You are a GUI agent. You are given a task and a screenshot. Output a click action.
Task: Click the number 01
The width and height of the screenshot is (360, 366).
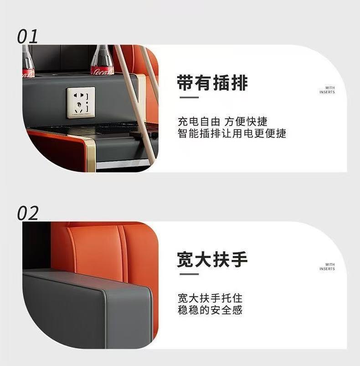(x=27, y=37)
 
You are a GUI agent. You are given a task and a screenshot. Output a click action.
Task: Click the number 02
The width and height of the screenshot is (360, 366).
(x=27, y=213)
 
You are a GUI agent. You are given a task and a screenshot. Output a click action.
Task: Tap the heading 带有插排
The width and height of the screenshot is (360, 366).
(x=212, y=83)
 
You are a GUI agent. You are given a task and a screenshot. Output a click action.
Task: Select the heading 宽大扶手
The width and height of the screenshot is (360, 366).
(x=212, y=259)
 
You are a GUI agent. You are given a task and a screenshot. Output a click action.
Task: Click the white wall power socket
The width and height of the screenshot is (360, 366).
(x=81, y=102)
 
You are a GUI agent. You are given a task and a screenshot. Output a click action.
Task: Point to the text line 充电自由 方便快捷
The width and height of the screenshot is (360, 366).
(x=222, y=122)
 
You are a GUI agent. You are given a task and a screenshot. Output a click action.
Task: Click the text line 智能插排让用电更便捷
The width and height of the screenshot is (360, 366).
(x=232, y=133)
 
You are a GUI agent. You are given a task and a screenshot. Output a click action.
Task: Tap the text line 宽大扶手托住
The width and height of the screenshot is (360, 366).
(x=210, y=298)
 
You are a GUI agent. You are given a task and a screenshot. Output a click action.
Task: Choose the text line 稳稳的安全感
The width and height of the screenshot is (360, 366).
(x=210, y=310)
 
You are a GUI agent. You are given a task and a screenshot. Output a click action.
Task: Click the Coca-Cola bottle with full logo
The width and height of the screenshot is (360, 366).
(x=103, y=60)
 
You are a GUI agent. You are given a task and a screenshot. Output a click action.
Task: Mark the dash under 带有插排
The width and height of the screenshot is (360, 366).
(x=189, y=97)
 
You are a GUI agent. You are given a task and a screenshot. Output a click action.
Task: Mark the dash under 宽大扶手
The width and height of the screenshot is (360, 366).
(x=189, y=274)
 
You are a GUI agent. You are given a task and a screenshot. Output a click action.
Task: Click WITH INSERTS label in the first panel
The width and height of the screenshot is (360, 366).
(x=327, y=90)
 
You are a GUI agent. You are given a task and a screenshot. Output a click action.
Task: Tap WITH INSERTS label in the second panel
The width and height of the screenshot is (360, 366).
(x=327, y=267)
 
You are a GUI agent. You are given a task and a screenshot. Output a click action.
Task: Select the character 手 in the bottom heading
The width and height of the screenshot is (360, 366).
(x=239, y=259)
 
